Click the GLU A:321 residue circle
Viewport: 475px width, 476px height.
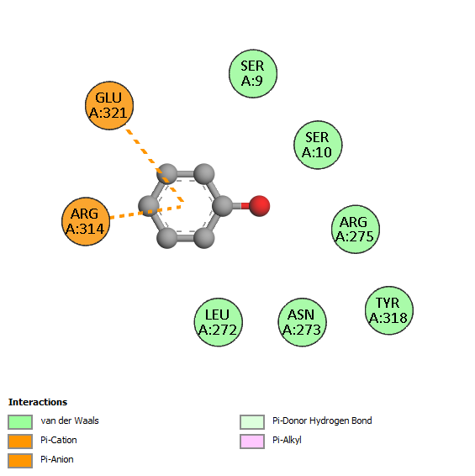pos(109,106)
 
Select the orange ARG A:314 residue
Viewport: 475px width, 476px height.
pos(86,222)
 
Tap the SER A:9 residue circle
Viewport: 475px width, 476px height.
pos(253,74)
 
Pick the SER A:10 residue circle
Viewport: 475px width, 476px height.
pos(318,145)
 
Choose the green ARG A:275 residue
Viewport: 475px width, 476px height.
pos(356,230)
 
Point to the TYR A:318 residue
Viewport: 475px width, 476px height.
pos(388,310)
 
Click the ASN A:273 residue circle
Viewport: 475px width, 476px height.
pos(303,322)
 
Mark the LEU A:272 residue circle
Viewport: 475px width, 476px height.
pos(219,322)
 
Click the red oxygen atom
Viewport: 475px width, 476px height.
pos(260,206)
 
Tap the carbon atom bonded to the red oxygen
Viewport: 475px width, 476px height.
pos(223,206)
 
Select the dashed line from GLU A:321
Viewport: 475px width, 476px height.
pos(155,166)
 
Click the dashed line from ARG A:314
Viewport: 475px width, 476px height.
pos(145,212)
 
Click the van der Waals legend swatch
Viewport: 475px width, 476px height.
pos(20,422)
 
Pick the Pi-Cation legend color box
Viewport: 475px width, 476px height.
pos(20,442)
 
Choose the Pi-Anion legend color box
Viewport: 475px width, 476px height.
pos(20,461)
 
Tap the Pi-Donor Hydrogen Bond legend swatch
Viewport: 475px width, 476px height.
pos(252,422)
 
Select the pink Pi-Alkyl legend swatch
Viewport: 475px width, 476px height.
pos(252,442)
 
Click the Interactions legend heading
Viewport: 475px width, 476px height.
pos(38,402)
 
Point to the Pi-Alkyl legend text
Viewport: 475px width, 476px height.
pos(287,440)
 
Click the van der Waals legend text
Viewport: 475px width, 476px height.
pos(70,420)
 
